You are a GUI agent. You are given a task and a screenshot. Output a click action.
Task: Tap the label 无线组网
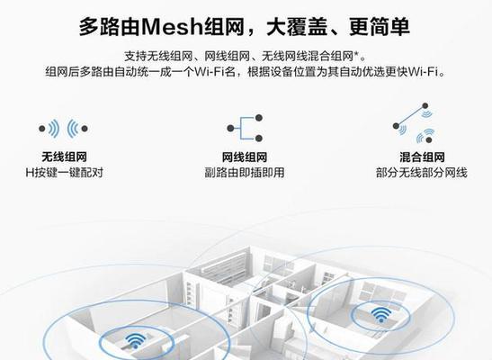64,157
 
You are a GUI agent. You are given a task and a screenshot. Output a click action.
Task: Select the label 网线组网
245,157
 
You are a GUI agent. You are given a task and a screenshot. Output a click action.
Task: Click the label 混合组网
422,157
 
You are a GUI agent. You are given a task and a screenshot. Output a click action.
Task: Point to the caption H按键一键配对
65,173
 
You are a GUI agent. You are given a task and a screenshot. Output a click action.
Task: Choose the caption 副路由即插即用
245,173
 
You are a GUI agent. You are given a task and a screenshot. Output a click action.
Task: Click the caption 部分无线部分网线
422,173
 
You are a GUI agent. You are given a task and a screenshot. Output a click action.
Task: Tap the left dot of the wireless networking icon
42,129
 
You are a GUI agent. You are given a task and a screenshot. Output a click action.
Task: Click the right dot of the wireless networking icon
85,129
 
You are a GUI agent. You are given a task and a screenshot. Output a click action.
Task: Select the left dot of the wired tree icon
230,128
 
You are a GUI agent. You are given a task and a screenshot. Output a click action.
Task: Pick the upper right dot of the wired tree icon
259,118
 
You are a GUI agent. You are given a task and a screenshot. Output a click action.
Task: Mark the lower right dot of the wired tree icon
259,138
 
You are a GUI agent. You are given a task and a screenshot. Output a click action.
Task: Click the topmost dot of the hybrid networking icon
425,106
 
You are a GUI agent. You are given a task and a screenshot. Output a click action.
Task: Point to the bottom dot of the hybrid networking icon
429,139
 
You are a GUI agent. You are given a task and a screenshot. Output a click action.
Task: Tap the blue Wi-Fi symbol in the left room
136,340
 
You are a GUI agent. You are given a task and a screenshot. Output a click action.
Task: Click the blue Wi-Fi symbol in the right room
381,314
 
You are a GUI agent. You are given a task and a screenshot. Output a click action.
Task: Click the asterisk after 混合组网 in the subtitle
356,54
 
